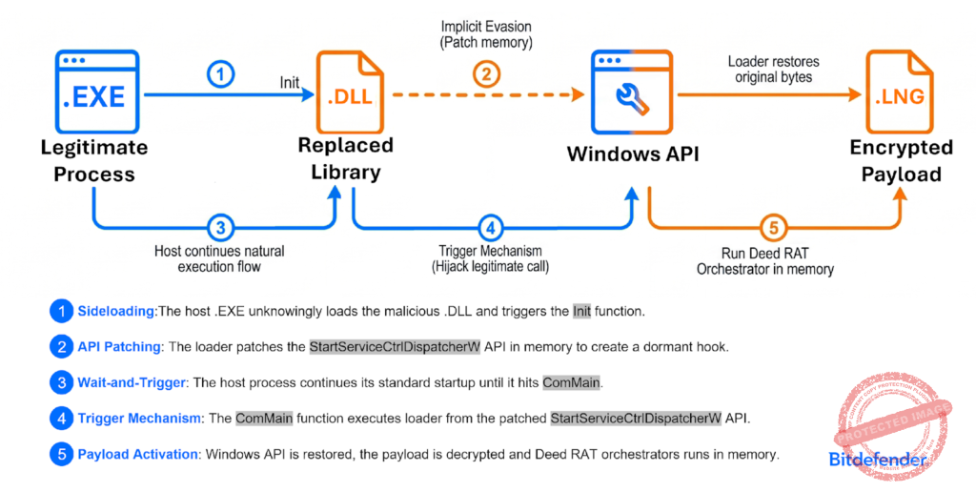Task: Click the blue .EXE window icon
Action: coord(97,92)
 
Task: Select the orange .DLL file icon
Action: coord(350,92)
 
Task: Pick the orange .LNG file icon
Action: coord(900,92)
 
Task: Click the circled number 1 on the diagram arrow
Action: coord(220,75)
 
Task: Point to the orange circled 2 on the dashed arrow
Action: coord(486,74)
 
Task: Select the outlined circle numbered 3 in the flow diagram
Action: coord(220,228)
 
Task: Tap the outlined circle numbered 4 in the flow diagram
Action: coord(491,228)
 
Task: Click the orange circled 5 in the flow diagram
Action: coord(774,228)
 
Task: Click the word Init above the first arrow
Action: coord(290,82)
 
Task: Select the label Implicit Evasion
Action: coord(486,27)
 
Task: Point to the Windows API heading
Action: coord(633,154)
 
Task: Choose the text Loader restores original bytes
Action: coord(774,70)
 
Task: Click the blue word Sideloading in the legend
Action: coord(116,312)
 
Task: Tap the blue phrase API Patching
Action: coord(119,347)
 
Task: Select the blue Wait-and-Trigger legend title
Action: coord(132,382)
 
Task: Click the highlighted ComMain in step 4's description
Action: coord(264,419)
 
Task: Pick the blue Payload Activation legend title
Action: coord(137,454)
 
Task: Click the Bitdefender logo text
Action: coord(878,461)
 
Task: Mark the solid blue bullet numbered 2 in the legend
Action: coord(61,347)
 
